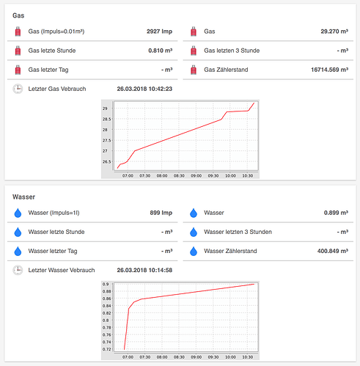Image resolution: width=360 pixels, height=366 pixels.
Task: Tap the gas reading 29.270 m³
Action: tap(334, 32)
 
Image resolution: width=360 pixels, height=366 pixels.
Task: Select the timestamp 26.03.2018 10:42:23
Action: tap(144, 89)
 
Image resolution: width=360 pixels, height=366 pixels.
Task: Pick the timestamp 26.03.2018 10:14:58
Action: tap(144, 270)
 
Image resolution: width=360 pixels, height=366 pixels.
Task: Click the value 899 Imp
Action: tap(161, 213)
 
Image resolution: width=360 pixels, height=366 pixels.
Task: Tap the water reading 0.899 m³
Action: tap(335, 213)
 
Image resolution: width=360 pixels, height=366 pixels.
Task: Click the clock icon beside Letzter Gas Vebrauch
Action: tap(18, 89)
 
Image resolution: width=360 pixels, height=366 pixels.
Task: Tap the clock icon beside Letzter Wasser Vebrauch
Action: tap(18, 270)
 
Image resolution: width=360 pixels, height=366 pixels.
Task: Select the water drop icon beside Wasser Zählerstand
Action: tap(194, 251)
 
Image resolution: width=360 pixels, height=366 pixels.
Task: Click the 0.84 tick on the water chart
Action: tap(106, 306)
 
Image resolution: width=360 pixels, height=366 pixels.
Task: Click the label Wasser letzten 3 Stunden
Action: tap(238, 233)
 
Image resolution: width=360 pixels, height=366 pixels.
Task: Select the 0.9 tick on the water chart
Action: tap(107, 284)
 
